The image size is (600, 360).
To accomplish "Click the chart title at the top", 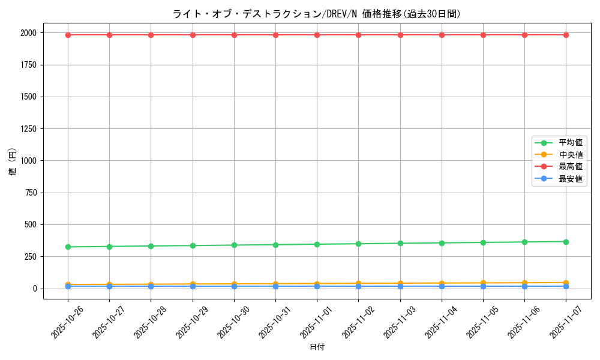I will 316,14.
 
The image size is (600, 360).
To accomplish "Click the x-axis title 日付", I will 317,347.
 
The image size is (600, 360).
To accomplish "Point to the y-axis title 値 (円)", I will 13,161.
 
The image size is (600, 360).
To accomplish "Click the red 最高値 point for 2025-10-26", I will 68,35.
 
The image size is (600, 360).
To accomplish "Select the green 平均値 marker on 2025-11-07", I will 566,242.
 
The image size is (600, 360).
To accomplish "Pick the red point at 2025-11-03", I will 400,35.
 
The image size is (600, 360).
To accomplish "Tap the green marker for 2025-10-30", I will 234,245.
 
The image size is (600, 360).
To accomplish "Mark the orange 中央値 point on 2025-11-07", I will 566,283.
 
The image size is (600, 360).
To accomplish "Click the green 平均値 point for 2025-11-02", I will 358,244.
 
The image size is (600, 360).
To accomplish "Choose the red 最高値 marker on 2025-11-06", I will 524,35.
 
